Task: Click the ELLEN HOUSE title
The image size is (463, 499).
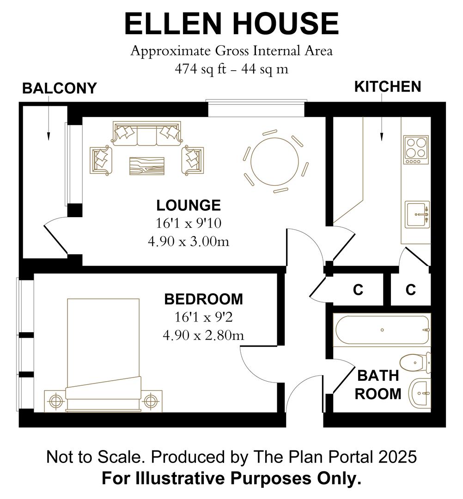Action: (231, 24)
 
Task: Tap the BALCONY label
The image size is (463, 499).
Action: (60, 88)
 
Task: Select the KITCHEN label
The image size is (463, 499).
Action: (387, 86)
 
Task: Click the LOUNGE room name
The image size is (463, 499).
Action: (189, 205)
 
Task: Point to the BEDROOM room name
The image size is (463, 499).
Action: (203, 299)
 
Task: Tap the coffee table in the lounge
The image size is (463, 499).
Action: (146, 165)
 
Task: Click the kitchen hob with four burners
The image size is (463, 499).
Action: (414, 149)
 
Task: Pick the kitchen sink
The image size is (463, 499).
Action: (417, 214)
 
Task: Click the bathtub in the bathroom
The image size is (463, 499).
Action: (382, 330)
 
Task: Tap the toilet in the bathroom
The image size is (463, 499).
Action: (416, 362)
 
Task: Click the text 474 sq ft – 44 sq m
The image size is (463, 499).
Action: (231, 69)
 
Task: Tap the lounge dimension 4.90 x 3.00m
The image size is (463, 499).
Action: (189, 241)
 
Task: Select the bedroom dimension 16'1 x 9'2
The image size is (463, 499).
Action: (203, 317)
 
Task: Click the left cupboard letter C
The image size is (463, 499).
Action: (358, 290)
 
